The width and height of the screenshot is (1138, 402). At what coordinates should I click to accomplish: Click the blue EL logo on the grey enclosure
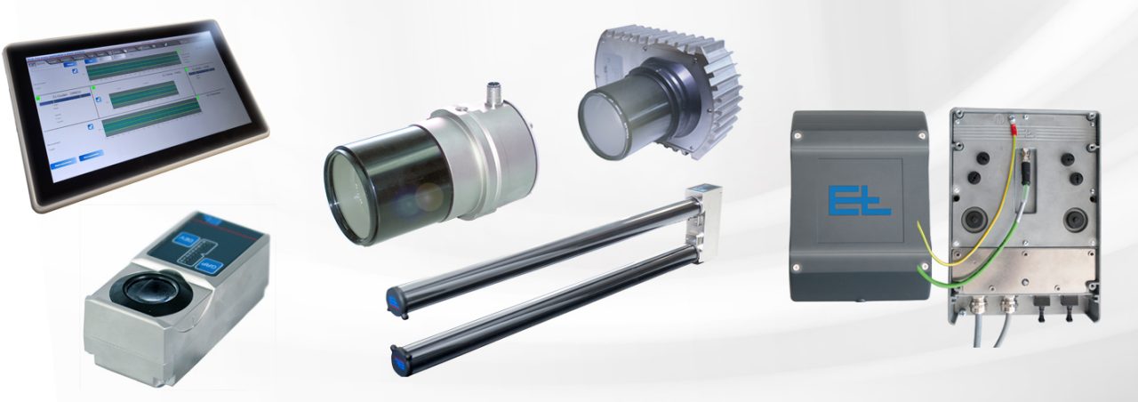click(858, 200)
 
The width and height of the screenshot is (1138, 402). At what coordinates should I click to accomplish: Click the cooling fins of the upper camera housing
click(711, 93)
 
